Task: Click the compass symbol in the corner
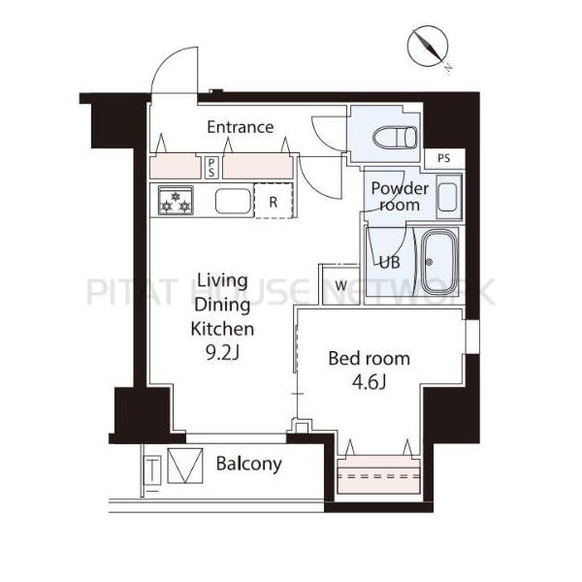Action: tap(429, 48)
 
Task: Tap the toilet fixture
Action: tap(396, 137)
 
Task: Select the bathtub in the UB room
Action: tap(439, 261)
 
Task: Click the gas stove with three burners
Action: tap(176, 200)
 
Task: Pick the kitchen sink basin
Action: tap(234, 201)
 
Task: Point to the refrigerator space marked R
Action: tap(274, 201)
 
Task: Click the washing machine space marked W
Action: tap(340, 285)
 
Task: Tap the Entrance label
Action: tap(241, 127)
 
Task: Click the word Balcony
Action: tap(249, 464)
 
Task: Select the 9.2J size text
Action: tap(222, 353)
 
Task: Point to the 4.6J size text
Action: tap(369, 382)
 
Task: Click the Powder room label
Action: tap(400, 197)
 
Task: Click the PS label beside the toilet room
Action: tap(443, 158)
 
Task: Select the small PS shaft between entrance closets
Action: tap(211, 168)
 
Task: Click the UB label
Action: tap(390, 263)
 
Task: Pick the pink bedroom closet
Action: tap(378, 474)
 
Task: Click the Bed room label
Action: tap(370, 359)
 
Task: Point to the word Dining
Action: tap(222, 306)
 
